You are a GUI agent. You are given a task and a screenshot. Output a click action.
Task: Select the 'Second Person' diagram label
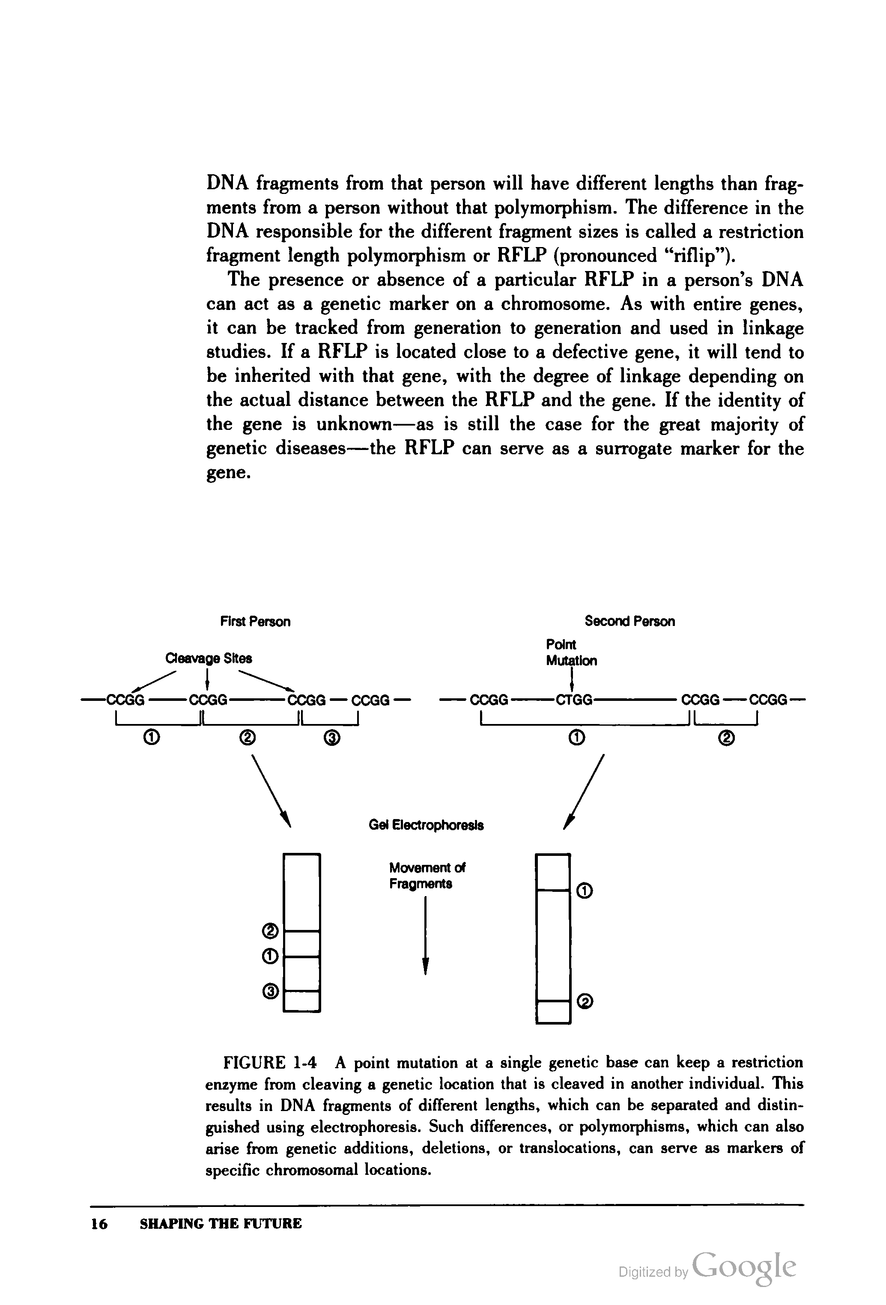(629, 621)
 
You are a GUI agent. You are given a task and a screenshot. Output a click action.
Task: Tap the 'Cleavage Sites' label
(208, 658)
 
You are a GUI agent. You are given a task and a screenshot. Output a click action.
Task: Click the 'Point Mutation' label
(571, 652)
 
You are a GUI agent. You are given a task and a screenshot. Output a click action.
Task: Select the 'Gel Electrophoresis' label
(426, 825)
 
